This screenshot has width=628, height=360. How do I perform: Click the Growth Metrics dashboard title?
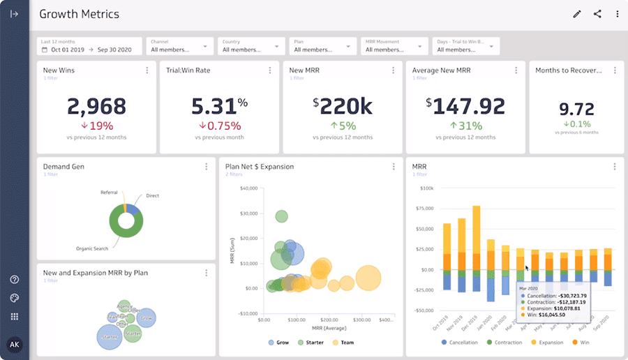click(79, 14)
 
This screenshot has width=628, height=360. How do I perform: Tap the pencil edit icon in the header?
click(577, 14)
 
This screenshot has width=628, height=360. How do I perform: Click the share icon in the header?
click(597, 14)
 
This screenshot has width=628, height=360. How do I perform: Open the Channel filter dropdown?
click(179, 46)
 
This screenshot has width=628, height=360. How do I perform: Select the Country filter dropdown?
click(251, 46)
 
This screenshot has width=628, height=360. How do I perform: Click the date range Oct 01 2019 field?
click(68, 50)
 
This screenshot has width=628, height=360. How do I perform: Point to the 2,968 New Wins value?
click(96, 107)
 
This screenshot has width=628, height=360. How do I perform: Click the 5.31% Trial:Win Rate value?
click(219, 107)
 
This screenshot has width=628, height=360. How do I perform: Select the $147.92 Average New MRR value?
click(465, 107)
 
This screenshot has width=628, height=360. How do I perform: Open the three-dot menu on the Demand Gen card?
click(206, 167)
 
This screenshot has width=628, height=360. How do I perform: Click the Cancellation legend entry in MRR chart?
click(461, 343)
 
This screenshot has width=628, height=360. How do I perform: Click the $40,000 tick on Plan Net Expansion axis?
click(248, 188)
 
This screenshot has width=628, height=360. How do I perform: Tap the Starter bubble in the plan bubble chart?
click(110, 338)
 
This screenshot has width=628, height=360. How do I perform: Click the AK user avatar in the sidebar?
click(14, 345)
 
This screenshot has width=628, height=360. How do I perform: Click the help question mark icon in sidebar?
click(14, 280)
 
